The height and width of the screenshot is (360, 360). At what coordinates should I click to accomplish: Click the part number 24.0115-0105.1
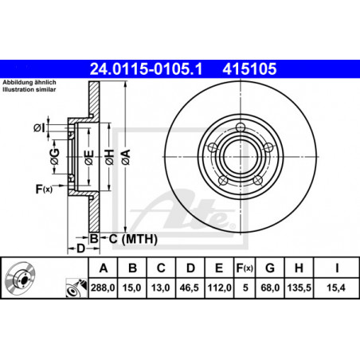pyautogui.click(x=146, y=68)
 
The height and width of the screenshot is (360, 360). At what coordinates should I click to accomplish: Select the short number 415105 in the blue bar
pyautogui.click(x=249, y=68)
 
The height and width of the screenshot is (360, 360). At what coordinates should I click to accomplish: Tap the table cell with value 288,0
pyautogui.click(x=103, y=288)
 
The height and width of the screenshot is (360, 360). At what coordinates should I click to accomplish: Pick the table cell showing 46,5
pyautogui.click(x=190, y=288)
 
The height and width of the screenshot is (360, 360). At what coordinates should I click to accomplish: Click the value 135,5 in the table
pyautogui.click(x=299, y=288)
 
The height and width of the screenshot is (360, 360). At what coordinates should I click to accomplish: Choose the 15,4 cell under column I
pyautogui.click(x=336, y=288)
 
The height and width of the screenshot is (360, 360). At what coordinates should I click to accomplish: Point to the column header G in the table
pyautogui.click(x=270, y=268)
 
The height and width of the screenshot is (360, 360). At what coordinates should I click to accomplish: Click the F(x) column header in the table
pyautogui.click(x=245, y=268)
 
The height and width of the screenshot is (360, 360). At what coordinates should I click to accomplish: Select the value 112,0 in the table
pyautogui.click(x=219, y=288)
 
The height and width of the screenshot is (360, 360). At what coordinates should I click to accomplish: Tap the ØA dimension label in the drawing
pyautogui.click(x=126, y=157)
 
